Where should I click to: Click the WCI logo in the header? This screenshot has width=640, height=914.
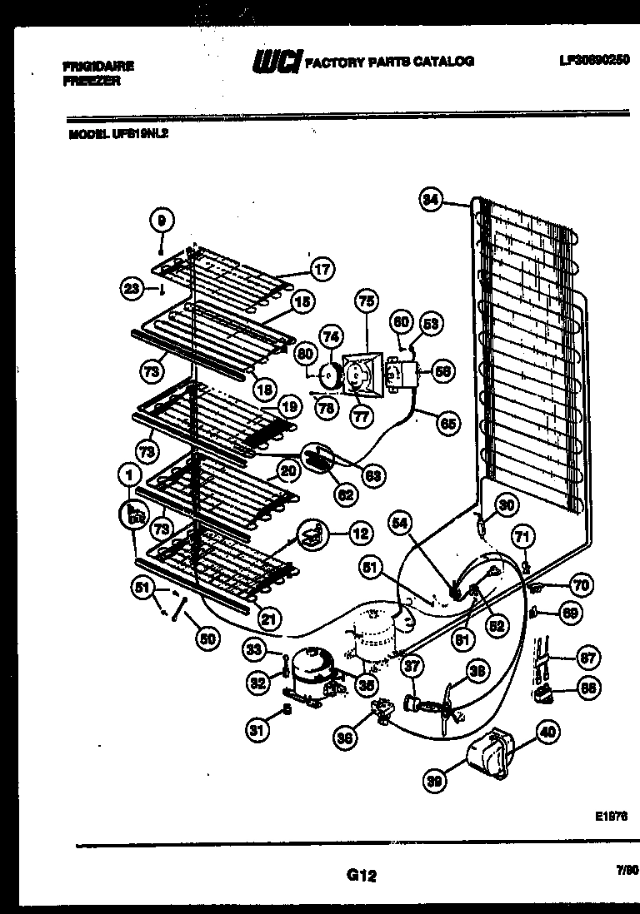[276, 62]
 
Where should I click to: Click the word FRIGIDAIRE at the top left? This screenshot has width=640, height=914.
[97, 65]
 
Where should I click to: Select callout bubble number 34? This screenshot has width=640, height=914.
[430, 200]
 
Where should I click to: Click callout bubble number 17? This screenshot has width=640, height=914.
[322, 270]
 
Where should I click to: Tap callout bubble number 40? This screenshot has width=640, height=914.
[547, 733]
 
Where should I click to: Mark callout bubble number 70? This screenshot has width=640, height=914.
[581, 585]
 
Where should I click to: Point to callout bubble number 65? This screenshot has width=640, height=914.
[448, 424]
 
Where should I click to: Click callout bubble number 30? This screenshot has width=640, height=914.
[506, 504]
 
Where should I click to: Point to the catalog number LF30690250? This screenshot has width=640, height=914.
[593, 60]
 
